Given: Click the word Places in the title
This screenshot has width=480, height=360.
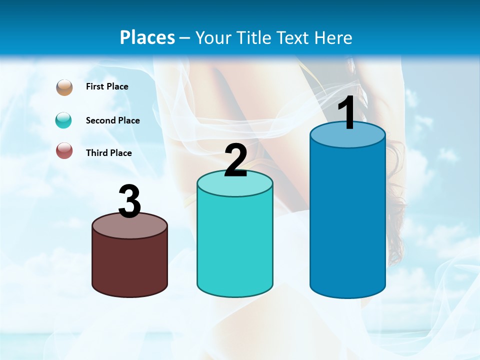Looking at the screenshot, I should [x=147, y=37].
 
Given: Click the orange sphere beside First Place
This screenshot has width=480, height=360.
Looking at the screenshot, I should [x=64, y=87].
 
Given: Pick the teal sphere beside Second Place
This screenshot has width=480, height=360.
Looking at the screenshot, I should [x=64, y=120].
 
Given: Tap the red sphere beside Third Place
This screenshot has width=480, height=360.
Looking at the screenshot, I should [x=64, y=150].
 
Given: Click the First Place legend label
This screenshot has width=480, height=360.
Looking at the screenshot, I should [x=107, y=86].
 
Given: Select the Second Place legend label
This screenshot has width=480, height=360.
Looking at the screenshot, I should [x=113, y=120].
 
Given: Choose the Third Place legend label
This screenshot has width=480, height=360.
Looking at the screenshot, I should [x=109, y=153].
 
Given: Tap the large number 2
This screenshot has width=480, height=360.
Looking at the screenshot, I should [x=235, y=160].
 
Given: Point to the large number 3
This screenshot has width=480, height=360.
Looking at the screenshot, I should [x=129, y=202].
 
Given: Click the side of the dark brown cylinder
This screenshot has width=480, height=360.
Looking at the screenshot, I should [x=129, y=265].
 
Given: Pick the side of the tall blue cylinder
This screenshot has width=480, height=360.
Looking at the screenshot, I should [x=347, y=220].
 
